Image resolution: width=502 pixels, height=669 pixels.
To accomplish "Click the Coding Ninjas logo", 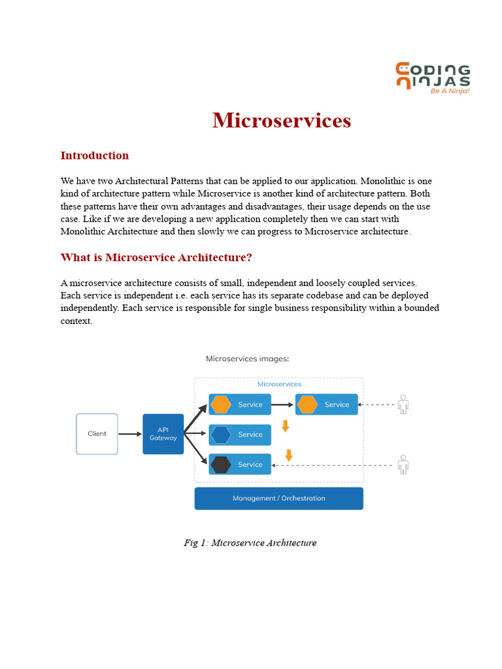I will (x=433, y=78).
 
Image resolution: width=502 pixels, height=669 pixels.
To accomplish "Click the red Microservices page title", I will (x=282, y=120).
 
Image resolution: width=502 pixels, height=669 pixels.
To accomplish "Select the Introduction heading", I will (x=94, y=155).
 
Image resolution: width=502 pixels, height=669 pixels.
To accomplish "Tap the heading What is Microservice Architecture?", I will (x=156, y=257).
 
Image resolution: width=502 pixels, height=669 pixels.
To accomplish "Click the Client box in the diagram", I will (x=97, y=434).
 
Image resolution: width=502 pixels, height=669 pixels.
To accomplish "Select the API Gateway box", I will (x=163, y=434).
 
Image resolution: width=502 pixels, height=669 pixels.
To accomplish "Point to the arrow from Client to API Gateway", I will (x=130, y=434).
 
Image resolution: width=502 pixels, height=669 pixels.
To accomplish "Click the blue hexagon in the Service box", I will (x=221, y=434).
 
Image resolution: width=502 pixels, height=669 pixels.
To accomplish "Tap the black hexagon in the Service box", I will (x=221, y=465).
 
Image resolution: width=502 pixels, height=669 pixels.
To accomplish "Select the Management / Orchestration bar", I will (x=278, y=498).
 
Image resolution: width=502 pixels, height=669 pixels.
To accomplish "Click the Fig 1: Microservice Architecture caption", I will (x=250, y=543).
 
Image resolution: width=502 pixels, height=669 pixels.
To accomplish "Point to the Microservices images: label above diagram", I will (x=247, y=359).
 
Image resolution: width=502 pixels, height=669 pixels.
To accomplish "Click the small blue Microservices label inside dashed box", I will (x=279, y=384).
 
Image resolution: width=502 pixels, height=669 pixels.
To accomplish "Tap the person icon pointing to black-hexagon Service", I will (x=403, y=465).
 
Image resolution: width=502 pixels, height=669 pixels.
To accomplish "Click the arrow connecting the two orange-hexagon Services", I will (x=282, y=404).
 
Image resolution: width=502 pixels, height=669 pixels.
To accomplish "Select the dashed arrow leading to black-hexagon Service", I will (x=333, y=465).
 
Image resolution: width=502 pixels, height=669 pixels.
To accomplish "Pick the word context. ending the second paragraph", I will (x=76, y=321).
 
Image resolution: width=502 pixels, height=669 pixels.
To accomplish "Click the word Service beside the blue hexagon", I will (x=250, y=434).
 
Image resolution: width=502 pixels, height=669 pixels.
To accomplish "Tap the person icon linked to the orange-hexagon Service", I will (x=403, y=404).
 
